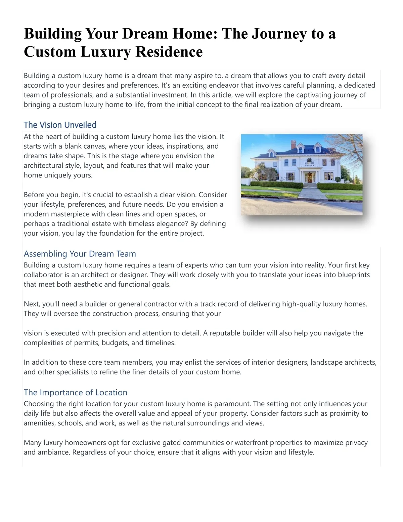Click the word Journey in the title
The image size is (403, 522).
tap(279, 34)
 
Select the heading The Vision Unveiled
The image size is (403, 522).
tap(60, 125)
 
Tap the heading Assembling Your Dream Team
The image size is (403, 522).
tap(80, 254)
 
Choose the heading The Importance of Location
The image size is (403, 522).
tap(75, 393)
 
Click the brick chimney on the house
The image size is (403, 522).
tap(293, 144)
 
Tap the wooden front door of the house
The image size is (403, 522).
tap(309, 177)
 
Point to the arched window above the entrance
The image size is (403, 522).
tap(309, 162)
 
